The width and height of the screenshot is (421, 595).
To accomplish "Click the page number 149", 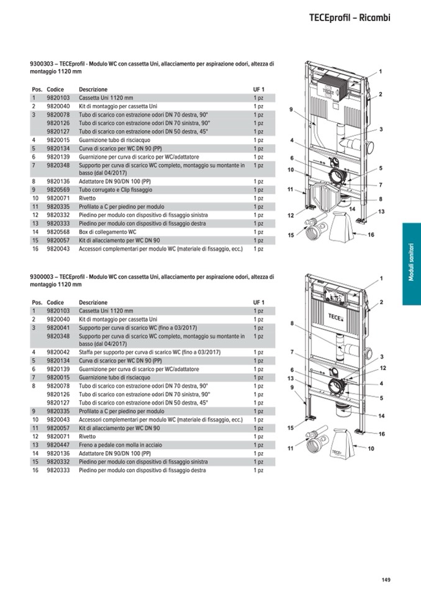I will (x=386, y=580).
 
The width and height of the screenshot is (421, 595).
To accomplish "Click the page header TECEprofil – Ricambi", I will (x=350, y=18).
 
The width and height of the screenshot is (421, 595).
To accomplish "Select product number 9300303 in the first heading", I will (x=42, y=64).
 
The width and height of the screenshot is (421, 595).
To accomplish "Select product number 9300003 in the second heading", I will (x=42, y=276).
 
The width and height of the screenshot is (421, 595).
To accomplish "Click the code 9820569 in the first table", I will (x=58, y=189).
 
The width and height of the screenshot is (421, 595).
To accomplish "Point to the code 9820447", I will (x=58, y=445).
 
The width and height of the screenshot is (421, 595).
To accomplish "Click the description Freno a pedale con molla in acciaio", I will (x=120, y=445).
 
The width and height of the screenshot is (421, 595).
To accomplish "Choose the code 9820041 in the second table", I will (x=58, y=328).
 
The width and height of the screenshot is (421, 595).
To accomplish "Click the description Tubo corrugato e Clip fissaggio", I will (x=115, y=189).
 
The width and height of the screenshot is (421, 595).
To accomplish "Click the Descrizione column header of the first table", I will (x=93, y=89).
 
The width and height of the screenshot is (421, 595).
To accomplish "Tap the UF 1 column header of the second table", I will (x=258, y=302).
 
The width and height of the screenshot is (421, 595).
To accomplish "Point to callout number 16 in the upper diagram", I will (x=371, y=235).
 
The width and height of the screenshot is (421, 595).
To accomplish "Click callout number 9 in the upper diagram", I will (x=291, y=110).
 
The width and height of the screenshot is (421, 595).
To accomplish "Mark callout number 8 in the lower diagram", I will (x=291, y=323).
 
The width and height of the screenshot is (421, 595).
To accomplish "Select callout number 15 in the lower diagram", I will (x=290, y=428).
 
